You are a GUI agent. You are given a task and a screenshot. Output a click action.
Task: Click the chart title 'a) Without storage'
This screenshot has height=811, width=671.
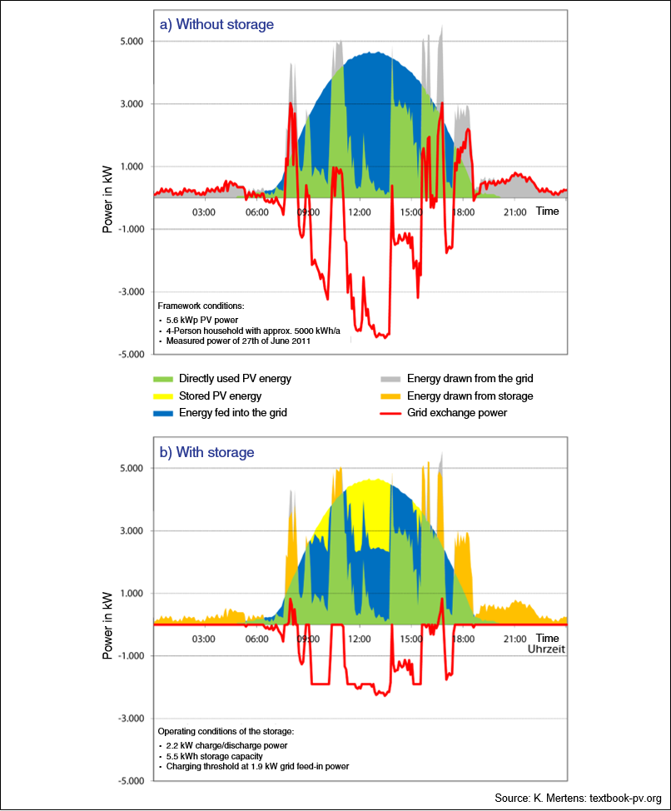(216, 25)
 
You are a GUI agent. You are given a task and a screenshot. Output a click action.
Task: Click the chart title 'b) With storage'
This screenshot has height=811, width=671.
(206, 453)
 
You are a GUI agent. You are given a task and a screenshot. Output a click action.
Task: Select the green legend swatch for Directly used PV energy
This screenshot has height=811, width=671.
(163, 379)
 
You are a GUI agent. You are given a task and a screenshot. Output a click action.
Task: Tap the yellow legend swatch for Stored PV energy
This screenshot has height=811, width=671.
(163, 396)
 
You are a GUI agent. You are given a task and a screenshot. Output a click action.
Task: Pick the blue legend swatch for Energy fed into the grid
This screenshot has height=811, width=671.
(163, 413)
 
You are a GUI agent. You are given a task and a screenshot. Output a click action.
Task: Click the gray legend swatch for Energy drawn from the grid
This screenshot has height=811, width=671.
(390, 379)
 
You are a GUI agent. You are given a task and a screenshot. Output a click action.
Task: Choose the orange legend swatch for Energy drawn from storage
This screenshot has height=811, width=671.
(390, 396)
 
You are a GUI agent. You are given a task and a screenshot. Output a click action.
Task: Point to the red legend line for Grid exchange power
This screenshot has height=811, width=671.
(390, 413)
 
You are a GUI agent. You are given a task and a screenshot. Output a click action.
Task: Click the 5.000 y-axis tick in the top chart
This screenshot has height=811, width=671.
(132, 42)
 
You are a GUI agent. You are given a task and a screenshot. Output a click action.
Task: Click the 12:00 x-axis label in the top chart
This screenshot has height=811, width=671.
(360, 212)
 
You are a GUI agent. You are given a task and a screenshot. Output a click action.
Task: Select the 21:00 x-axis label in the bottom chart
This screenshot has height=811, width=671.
(514, 639)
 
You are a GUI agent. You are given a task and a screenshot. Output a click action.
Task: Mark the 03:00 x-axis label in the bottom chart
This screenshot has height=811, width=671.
(204, 639)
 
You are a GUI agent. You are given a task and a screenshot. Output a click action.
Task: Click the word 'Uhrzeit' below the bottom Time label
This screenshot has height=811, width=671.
(546, 649)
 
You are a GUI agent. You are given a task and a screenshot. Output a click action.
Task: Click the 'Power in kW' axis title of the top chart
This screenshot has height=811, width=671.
(107, 200)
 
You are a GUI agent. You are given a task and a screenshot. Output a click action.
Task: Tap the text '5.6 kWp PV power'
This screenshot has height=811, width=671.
(202, 321)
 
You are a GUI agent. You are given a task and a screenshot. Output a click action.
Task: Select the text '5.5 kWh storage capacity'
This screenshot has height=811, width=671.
(215, 756)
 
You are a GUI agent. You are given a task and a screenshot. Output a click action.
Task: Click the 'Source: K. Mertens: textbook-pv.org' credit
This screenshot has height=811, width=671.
(578, 798)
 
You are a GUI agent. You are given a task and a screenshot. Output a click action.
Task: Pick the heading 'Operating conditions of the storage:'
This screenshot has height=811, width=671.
(226, 731)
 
